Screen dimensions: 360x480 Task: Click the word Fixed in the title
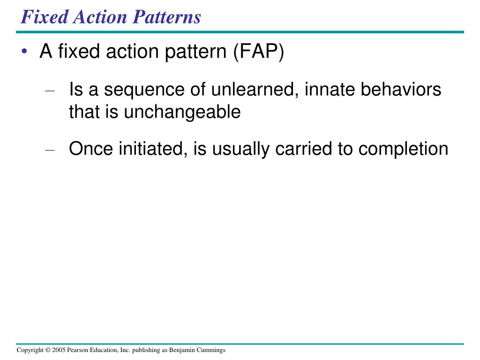pos(43,17)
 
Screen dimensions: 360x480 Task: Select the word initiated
pos(150,149)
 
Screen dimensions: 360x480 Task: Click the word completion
pos(404,149)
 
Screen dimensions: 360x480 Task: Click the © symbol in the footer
pos(48,350)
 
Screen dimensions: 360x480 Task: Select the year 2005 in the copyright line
pos(59,350)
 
